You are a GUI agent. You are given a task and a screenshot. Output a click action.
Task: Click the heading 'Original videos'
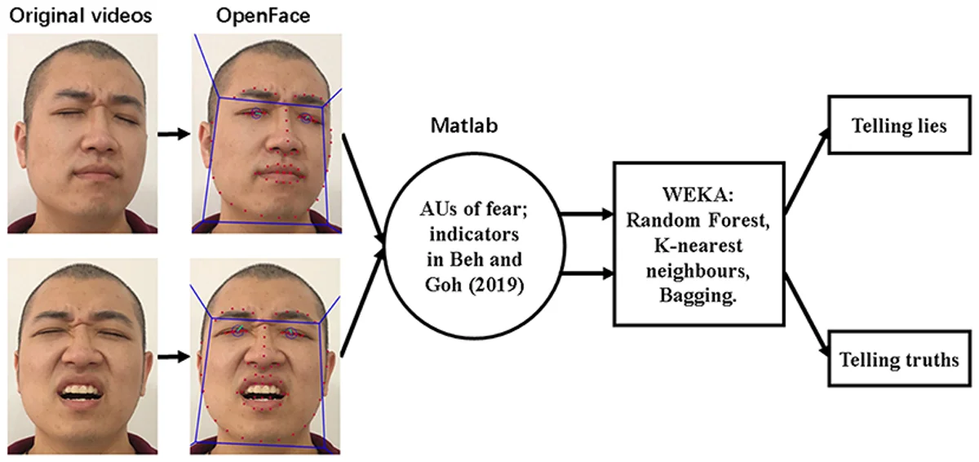point(80,15)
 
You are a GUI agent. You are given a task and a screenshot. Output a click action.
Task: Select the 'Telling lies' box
point(898,127)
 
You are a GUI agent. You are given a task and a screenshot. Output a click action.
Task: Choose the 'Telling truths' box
point(898,359)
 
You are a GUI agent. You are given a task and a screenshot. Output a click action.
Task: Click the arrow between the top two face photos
point(171,132)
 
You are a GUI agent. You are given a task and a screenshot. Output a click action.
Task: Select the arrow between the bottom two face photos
point(171,357)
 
